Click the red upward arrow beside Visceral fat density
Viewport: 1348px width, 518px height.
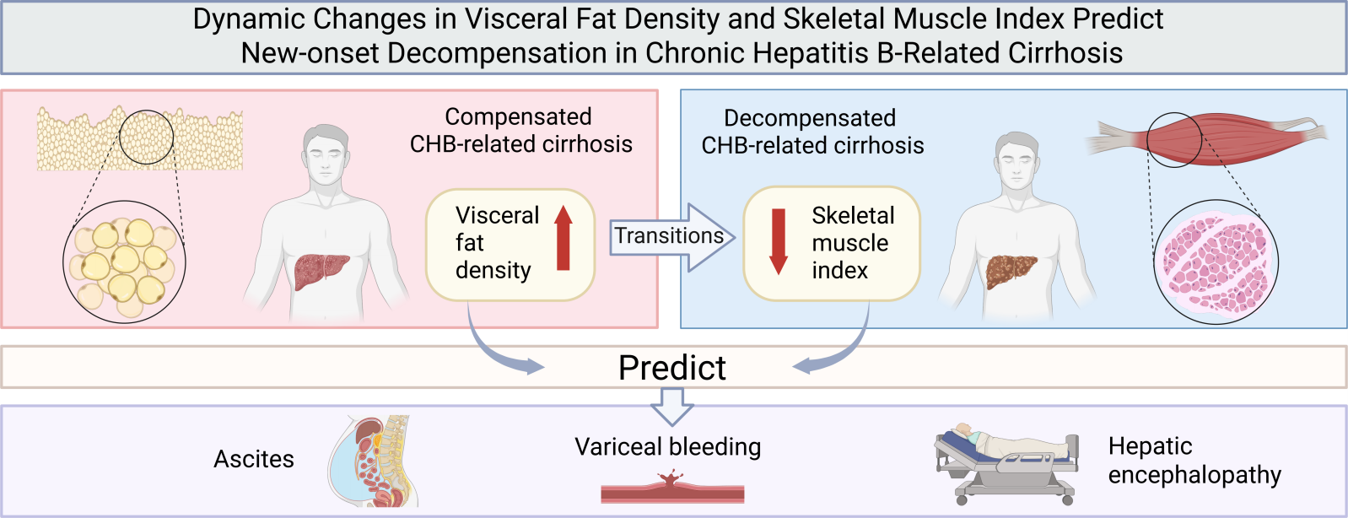coord(563,238)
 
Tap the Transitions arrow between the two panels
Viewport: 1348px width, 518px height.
coord(672,237)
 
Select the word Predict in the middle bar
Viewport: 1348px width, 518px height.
coord(672,368)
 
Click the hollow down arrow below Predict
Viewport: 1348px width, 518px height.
coord(672,407)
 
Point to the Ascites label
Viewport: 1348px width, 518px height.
coord(254,459)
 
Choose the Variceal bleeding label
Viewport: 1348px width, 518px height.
coord(668,447)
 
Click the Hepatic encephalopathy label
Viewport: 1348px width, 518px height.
coord(1194,461)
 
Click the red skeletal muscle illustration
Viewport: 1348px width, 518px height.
coord(1206,139)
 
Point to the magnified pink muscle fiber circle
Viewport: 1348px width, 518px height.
coord(1216,262)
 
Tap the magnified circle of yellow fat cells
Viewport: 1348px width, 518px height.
coord(125,262)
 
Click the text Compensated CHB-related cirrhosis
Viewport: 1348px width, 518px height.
coord(520,131)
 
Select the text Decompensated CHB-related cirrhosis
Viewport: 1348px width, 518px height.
coord(812,132)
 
